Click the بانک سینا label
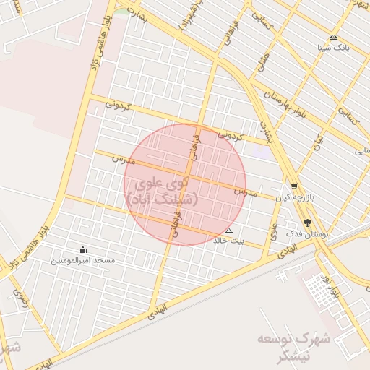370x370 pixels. click(333, 47)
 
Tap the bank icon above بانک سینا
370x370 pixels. click(333, 37)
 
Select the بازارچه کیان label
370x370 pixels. click(294, 197)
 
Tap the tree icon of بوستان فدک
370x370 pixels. click(309, 224)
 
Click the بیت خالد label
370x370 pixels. click(229, 241)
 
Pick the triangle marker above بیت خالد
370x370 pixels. click(229, 231)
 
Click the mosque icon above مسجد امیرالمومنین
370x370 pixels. click(81, 249)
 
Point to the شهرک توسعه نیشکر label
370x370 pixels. click(286, 346)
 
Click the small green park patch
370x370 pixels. click(121, 11)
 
